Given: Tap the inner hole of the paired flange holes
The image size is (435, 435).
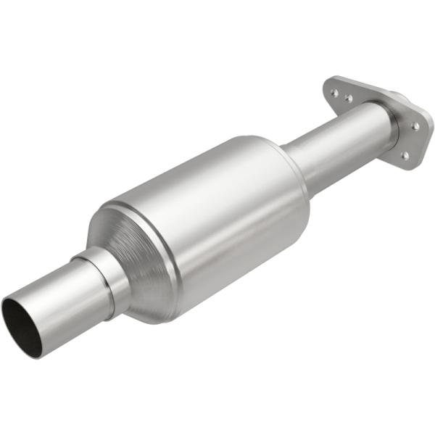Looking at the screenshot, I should pyautogui.click(x=349, y=98).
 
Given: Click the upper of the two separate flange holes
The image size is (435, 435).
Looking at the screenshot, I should pyautogui.click(x=415, y=126).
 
